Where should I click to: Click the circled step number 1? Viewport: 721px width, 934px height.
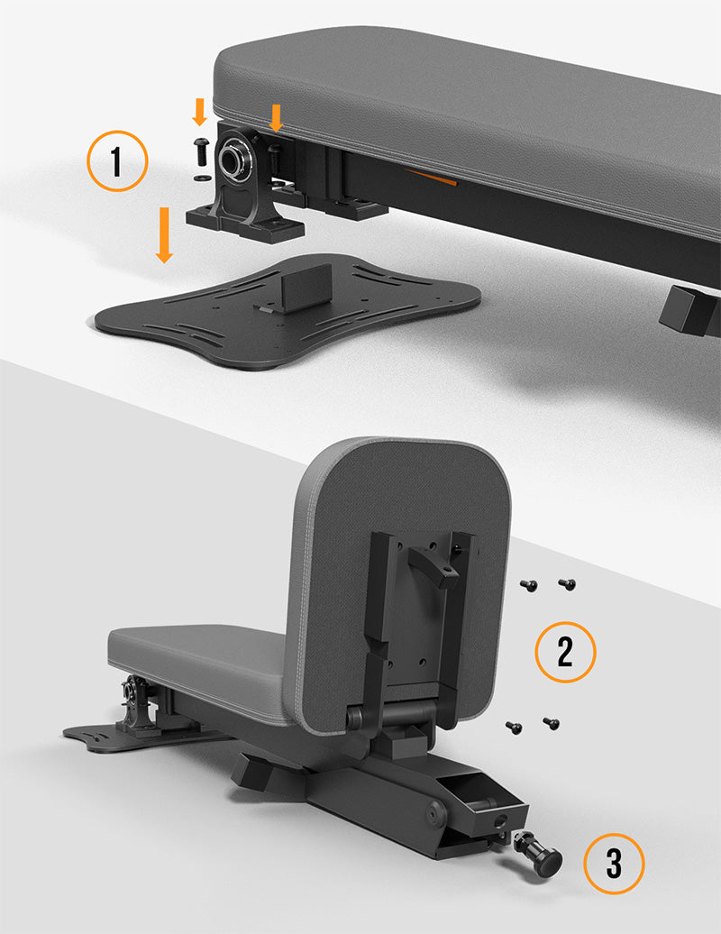117,160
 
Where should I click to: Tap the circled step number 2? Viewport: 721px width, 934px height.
565,652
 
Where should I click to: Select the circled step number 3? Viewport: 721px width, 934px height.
614,863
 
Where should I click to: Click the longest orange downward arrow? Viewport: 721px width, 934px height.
164,234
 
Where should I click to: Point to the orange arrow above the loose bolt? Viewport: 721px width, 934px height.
200,112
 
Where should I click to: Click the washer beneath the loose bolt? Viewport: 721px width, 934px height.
200,178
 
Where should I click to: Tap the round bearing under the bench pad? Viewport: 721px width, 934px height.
232,157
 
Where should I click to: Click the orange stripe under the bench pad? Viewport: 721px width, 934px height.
432,178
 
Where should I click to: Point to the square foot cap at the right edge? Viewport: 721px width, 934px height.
688,308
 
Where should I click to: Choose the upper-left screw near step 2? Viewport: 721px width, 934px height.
529,586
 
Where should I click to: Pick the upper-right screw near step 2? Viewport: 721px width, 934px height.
568,584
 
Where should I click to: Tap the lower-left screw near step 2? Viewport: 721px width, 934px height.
514,727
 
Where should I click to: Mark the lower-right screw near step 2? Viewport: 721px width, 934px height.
552,723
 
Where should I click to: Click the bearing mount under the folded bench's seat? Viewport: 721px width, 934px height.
137,706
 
